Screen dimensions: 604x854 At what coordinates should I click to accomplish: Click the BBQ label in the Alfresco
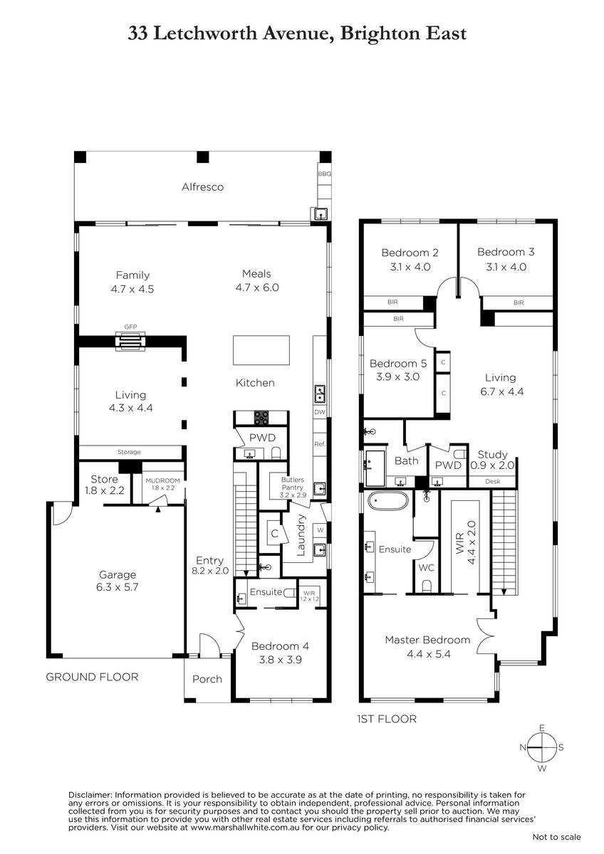324,174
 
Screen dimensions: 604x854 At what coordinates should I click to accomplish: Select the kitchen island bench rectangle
261,350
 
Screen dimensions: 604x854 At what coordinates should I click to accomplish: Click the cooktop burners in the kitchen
261,418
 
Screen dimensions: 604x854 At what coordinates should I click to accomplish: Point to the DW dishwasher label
319,412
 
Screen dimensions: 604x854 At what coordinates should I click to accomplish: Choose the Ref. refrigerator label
319,444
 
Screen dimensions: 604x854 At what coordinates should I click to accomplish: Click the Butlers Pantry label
293,483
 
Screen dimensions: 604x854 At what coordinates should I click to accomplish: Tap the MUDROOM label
162,480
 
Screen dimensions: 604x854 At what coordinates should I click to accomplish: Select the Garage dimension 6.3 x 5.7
117,586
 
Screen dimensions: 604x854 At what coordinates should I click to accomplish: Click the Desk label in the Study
493,482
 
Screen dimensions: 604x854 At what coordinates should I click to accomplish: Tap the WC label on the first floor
426,568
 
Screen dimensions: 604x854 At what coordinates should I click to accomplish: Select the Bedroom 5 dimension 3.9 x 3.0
397,376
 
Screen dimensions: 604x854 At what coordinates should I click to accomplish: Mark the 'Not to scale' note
557,837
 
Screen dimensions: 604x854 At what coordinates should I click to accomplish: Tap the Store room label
104,479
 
